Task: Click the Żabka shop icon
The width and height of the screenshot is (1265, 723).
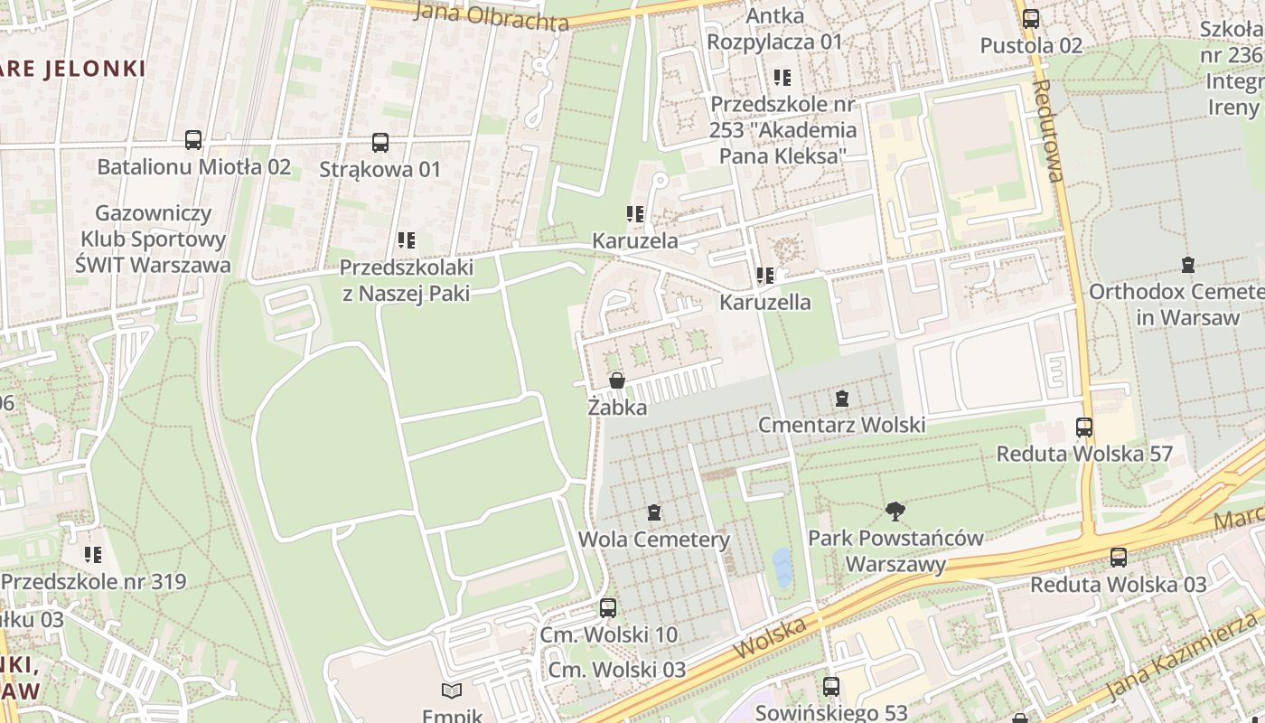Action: pyautogui.click(x=617, y=380)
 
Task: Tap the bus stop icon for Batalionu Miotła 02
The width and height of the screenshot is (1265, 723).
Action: pyautogui.click(x=193, y=140)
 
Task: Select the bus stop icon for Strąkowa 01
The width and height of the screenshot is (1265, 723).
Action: pyautogui.click(x=380, y=143)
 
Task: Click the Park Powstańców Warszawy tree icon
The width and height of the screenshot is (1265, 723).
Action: pyautogui.click(x=895, y=512)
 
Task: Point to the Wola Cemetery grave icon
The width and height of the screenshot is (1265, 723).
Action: pyautogui.click(x=654, y=513)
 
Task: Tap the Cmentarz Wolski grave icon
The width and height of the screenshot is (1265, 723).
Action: pyautogui.click(x=842, y=398)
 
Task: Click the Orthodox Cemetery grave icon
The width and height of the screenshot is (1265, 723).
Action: pyautogui.click(x=1187, y=265)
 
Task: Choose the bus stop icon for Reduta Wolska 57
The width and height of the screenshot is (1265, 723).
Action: pyautogui.click(x=1084, y=427)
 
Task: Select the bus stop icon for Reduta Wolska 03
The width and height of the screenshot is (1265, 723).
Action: pyautogui.click(x=1119, y=558)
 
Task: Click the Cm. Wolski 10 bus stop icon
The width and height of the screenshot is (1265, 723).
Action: pyautogui.click(x=608, y=608)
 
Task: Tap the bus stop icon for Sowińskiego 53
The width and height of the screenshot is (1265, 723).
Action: pyautogui.click(x=831, y=687)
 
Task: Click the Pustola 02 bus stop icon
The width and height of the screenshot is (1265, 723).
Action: pyautogui.click(x=1031, y=18)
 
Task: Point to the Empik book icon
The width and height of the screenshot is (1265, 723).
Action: pyautogui.click(x=452, y=691)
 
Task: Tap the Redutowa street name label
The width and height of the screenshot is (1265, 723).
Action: pyautogui.click(x=1048, y=131)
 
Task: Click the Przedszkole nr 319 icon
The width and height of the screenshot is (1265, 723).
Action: pyautogui.click(x=92, y=555)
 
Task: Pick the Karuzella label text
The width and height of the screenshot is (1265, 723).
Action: pyautogui.click(x=764, y=302)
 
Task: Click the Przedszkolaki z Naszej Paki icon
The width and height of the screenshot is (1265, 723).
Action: pyautogui.click(x=407, y=240)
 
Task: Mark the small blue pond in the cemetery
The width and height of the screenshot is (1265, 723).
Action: pyautogui.click(x=781, y=567)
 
